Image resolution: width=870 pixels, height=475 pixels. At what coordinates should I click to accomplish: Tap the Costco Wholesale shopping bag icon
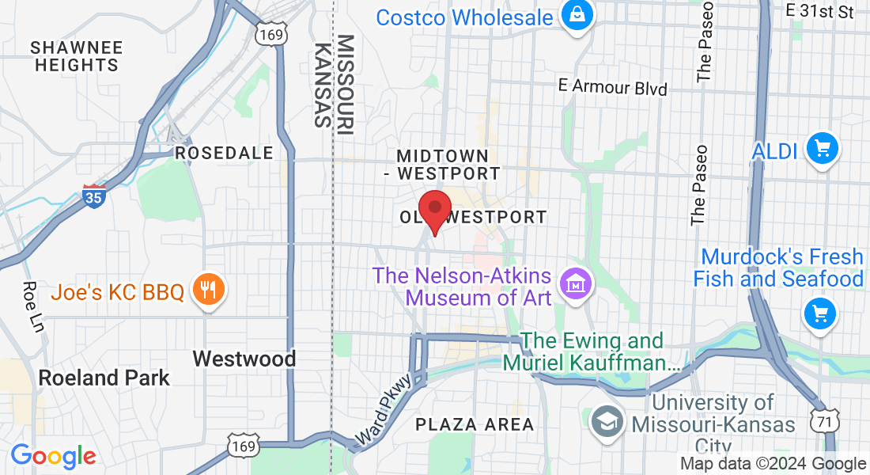577,14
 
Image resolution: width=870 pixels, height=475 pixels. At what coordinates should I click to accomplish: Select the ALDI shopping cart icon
822,149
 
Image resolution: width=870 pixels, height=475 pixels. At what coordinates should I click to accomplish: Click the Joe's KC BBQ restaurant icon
209,292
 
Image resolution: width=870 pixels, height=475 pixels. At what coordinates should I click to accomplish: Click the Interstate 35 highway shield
94,195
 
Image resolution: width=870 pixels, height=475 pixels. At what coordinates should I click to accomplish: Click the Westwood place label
244,359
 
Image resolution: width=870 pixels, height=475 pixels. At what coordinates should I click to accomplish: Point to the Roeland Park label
104,378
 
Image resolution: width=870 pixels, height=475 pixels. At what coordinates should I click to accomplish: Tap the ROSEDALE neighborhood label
224,153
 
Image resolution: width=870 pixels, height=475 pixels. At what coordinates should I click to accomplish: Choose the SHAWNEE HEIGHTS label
77,56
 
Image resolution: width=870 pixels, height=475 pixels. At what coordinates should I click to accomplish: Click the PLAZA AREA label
475,424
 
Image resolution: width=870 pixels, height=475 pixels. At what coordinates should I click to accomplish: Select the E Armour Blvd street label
612,86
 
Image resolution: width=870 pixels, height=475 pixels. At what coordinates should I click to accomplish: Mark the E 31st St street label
820,11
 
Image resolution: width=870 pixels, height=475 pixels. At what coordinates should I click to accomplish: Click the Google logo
54,457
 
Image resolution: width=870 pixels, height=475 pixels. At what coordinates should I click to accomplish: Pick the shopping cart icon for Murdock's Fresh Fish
820,314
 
